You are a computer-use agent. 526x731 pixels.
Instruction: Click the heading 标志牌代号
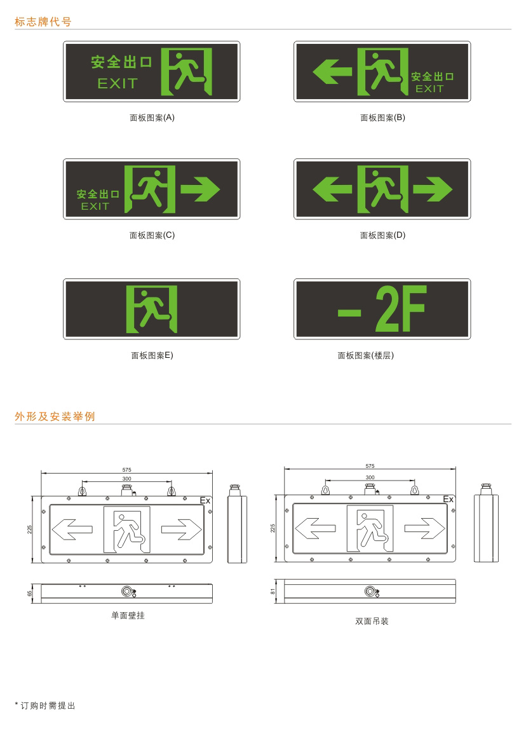pyautogui.click(x=43, y=22)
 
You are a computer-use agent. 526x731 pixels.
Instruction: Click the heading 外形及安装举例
pyautogui.click(x=55, y=416)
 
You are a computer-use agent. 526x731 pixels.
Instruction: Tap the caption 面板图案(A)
pyautogui.click(x=152, y=118)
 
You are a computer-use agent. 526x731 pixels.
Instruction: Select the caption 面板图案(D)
pyautogui.click(x=382, y=235)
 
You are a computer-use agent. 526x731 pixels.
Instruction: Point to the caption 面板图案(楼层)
pyautogui.click(x=366, y=355)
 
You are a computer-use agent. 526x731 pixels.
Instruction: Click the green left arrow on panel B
pyautogui.click(x=332, y=71)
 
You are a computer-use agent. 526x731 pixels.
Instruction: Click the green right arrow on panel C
pyautogui.click(x=200, y=189)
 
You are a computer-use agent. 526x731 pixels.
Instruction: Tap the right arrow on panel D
pyautogui.click(x=433, y=189)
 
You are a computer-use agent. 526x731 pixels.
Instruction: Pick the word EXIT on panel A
pyautogui.click(x=118, y=83)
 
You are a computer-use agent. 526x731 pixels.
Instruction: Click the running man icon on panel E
pyautogui.click(x=151, y=309)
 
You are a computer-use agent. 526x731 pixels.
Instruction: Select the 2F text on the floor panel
pyautogui.click(x=401, y=308)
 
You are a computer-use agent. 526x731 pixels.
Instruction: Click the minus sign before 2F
pyautogui.click(x=349, y=312)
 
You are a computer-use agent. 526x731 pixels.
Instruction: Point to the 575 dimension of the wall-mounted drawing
pyautogui.click(x=126, y=470)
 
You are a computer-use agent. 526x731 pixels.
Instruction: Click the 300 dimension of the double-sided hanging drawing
pyautogui.click(x=370, y=477)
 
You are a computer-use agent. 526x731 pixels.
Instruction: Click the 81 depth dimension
pyautogui.click(x=273, y=591)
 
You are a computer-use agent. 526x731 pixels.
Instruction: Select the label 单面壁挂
pyautogui.click(x=128, y=615)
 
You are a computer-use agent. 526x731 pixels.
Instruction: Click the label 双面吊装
pyautogui.click(x=372, y=621)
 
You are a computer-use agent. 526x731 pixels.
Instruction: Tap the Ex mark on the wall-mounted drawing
pyautogui.click(x=205, y=500)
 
